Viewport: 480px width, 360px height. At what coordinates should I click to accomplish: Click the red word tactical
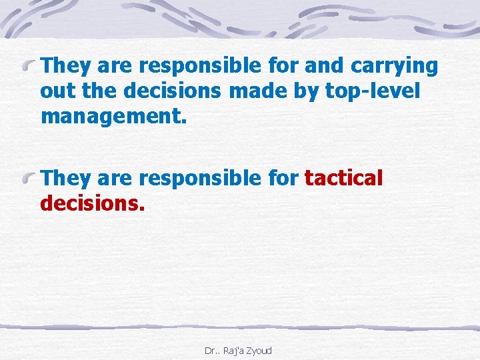(344, 179)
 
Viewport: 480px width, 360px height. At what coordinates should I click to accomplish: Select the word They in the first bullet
(63, 66)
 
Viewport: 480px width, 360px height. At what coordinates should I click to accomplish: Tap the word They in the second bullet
(63, 178)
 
